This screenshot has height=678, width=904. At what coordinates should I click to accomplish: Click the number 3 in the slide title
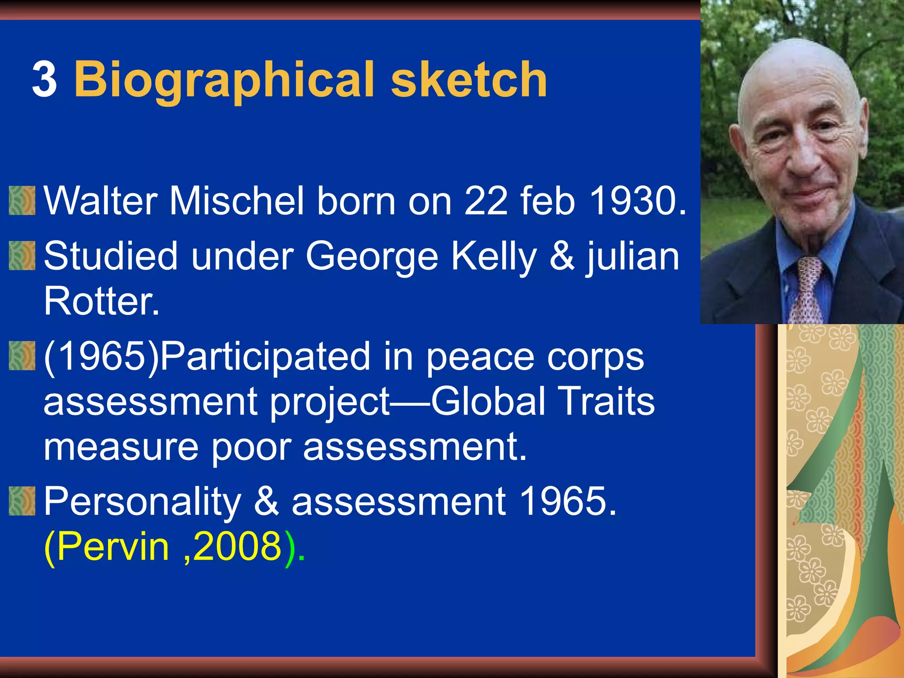point(45,80)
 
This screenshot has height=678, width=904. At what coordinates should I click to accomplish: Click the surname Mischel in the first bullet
point(237,201)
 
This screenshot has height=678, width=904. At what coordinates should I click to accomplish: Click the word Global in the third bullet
point(488,402)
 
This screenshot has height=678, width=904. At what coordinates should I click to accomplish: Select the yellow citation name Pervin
point(113,547)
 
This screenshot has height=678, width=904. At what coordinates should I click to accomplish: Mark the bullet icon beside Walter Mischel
point(22,201)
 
